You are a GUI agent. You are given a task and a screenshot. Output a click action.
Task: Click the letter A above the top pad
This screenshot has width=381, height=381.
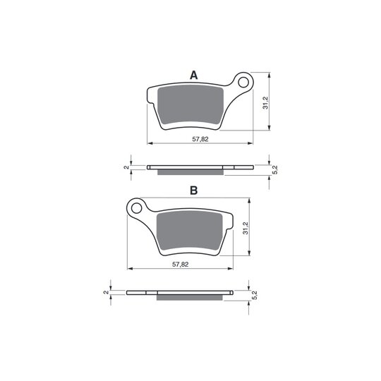193,75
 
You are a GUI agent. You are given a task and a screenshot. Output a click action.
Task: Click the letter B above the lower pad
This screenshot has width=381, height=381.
193,190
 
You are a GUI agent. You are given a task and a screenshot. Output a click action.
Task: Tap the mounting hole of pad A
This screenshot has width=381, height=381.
243,83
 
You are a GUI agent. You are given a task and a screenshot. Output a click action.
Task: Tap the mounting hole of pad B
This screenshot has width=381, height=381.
136,208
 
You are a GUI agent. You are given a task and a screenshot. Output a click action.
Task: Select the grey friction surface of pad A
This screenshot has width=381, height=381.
190,105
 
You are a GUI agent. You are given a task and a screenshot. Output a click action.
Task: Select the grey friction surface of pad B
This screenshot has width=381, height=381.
190,231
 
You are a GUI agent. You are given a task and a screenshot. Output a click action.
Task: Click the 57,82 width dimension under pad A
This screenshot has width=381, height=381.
200,139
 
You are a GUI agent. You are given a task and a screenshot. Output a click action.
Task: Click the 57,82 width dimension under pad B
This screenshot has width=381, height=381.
181,265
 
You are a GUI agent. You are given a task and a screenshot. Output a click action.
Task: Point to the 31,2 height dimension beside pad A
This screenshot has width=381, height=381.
265,103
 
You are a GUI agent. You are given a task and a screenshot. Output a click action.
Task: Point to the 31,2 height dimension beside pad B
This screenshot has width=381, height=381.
246,228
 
